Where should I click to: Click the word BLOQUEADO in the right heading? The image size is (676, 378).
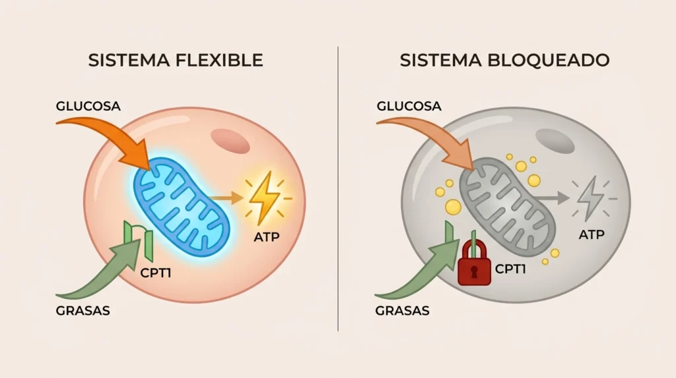(x=548, y=60)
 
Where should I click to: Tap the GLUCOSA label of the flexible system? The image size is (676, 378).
(x=88, y=106)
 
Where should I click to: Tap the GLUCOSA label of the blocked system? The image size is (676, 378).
(x=409, y=106)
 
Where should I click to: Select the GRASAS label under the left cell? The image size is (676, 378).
(x=83, y=311)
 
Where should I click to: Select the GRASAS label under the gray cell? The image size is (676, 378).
(x=402, y=311)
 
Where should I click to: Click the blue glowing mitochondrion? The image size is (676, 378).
(x=181, y=206)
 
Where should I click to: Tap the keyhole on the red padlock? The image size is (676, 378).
(x=474, y=272)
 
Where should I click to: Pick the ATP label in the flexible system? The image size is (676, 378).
(x=267, y=237)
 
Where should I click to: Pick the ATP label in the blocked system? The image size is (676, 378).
(x=591, y=235)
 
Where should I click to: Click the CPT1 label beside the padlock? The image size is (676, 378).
(x=510, y=269)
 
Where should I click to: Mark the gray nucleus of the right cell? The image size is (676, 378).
(x=555, y=141)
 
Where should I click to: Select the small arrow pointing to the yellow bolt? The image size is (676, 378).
(x=227, y=198)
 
